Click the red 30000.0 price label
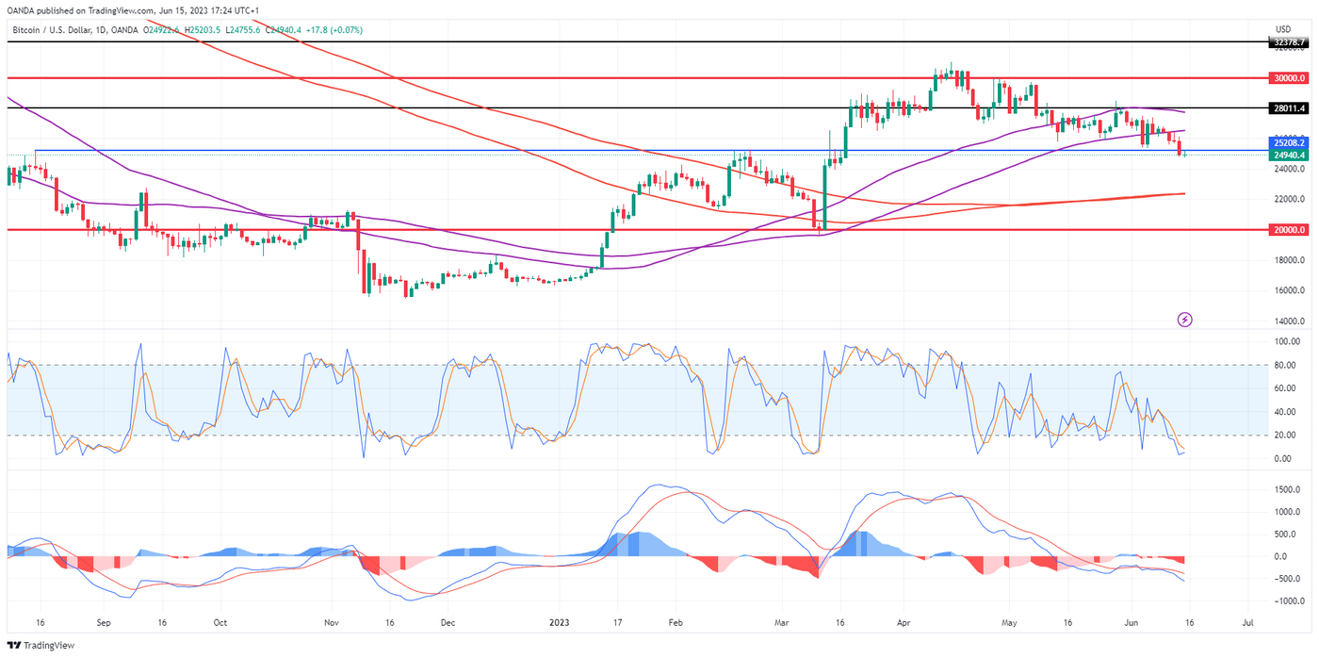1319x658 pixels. [1288, 78]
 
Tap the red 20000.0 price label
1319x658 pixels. [1288, 230]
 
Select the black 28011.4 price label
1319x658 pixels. [1288, 108]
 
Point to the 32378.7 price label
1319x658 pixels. [1288, 42]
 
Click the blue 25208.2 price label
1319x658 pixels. [1288, 143]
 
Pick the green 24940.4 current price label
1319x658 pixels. [1288, 155]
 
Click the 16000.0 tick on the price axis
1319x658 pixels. [1288, 290]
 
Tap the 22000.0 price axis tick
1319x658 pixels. [1288, 200]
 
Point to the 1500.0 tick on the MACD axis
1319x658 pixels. [1286, 490]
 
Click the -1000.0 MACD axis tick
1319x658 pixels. [1286, 600]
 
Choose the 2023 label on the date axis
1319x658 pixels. [560, 623]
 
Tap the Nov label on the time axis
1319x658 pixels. [331, 623]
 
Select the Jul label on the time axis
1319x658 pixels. [1247, 623]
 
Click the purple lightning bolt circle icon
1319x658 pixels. [1185, 320]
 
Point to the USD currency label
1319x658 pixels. [1282, 29]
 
